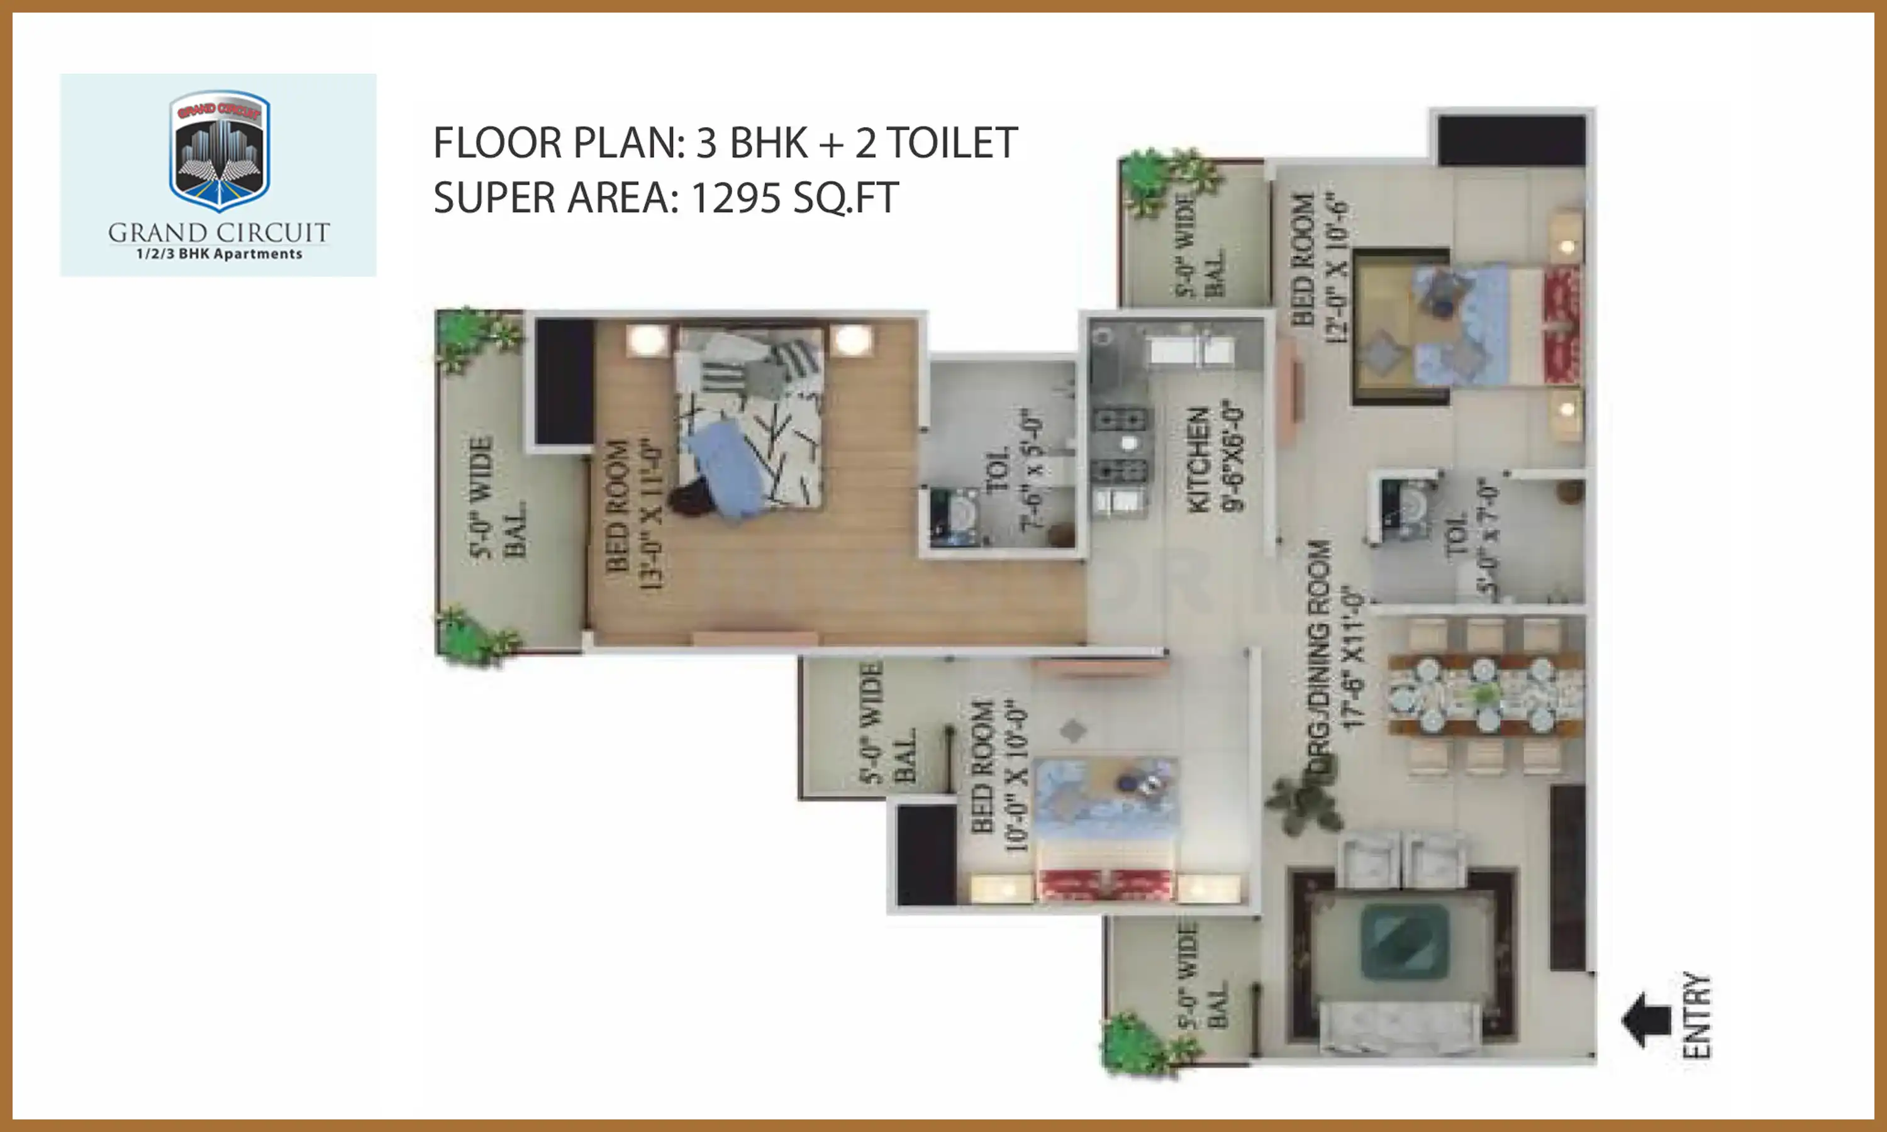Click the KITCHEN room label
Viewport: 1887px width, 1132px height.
point(1199,458)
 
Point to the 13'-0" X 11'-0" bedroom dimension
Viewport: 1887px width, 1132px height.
point(650,514)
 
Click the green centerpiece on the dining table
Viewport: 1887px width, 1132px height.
point(1484,695)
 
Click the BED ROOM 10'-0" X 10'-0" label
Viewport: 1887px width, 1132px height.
point(999,774)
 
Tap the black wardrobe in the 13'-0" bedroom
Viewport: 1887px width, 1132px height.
point(564,381)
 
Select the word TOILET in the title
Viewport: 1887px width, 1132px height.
point(951,143)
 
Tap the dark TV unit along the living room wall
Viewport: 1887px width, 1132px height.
point(1567,877)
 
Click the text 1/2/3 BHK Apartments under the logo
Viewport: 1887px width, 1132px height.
point(219,254)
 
